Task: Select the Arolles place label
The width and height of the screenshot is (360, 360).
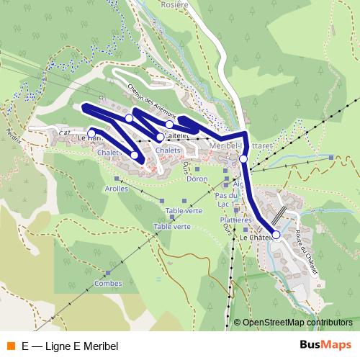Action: [x=117, y=189]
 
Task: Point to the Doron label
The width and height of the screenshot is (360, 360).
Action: [x=197, y=179]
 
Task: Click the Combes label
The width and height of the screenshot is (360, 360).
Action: [x=107, y=284]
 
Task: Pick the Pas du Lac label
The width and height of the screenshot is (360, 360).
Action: [x=226, y=199]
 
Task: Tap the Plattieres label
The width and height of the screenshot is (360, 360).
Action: [x=235, y=220]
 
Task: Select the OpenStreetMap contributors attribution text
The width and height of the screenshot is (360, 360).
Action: [x=297, y=323]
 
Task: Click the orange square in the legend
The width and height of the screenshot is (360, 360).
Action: [x=10, y=346]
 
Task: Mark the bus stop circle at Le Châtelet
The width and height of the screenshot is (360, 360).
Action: [x=276, y=235]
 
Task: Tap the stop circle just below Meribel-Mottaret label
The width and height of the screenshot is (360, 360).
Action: [x=243, y=158]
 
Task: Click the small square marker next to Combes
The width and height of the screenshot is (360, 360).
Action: [x=107, y=273]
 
